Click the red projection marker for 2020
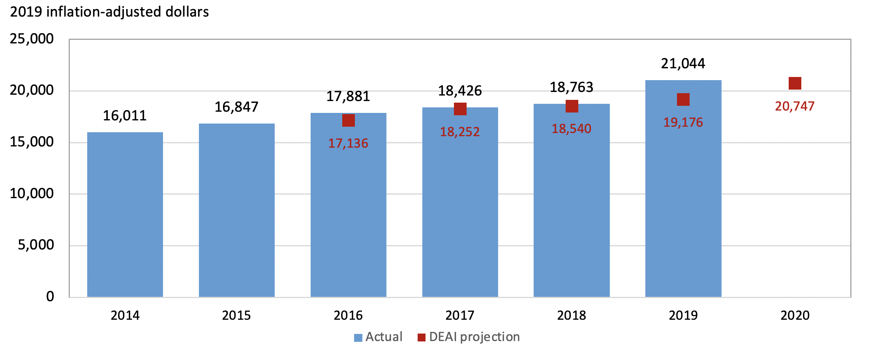coord(795,83)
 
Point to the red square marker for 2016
coord(348,120)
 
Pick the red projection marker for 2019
coord(683,99)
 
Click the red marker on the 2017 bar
coord(460,109)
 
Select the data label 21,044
coord(683,64)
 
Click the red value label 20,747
coord(795,106)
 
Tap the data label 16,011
coord(125,116)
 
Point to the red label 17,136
coord(348,143)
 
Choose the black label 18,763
coord(571,87)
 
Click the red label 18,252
coord(460,132)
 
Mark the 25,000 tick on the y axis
coord(32,39)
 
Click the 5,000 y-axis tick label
coord(36,245)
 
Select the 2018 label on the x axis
coord(571,315)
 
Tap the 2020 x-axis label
coord(795,315)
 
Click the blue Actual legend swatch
coord(358,337)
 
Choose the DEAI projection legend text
coord(474,337)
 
